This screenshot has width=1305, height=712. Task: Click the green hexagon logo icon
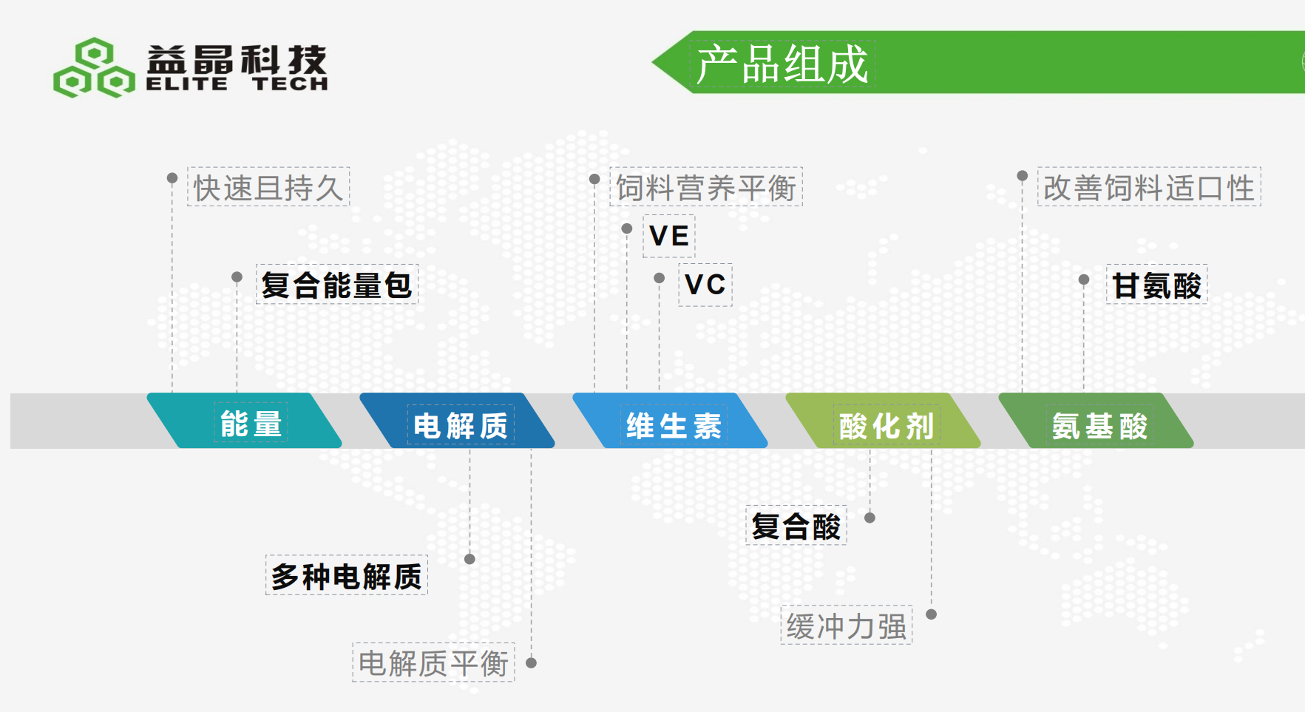pos(94,68)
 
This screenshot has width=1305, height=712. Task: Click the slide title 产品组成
pos(782,64)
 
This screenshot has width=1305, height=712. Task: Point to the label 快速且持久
pos(268,187)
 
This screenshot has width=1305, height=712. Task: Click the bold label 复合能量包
pos(336,285)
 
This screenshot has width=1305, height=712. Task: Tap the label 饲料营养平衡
pos(705,187)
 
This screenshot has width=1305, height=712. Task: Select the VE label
pos(668,236)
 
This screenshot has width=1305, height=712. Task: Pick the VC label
pos(705,285)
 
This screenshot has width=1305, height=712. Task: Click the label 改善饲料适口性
pos(1148,187)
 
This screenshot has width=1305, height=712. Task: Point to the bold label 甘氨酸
pos(1156,285)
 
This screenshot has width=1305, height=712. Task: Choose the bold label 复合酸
pos(796,526)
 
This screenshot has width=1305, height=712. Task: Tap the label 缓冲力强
pos(846,625)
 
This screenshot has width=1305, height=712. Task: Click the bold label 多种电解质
pos(346,575)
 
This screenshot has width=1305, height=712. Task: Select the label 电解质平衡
pos(433,662)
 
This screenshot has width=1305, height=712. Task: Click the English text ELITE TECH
pos(237,84)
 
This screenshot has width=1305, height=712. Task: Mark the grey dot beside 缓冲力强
pos(932,614)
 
